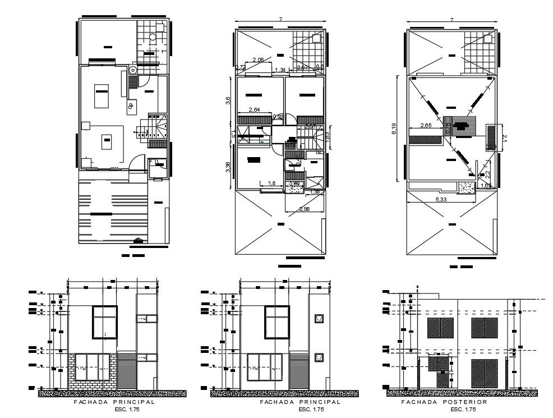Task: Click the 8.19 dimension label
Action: (x=394, y=129)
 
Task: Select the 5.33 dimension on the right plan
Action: (x=441, y=199)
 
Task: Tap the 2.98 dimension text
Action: (x=305, y=209)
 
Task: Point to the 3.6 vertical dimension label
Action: (x=228, y=100)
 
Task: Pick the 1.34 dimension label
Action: (x=280, y=70)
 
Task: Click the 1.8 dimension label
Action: (x=271, y=183)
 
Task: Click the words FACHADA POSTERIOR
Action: (x=444, y=402)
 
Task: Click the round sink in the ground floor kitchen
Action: (x=133, y=70)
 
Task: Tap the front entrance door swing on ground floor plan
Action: (x=136, y=164)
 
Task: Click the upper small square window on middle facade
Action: (x=319, y=319)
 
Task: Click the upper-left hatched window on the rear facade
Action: (x=440, y=327)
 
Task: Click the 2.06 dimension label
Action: (x=258, y=59)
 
